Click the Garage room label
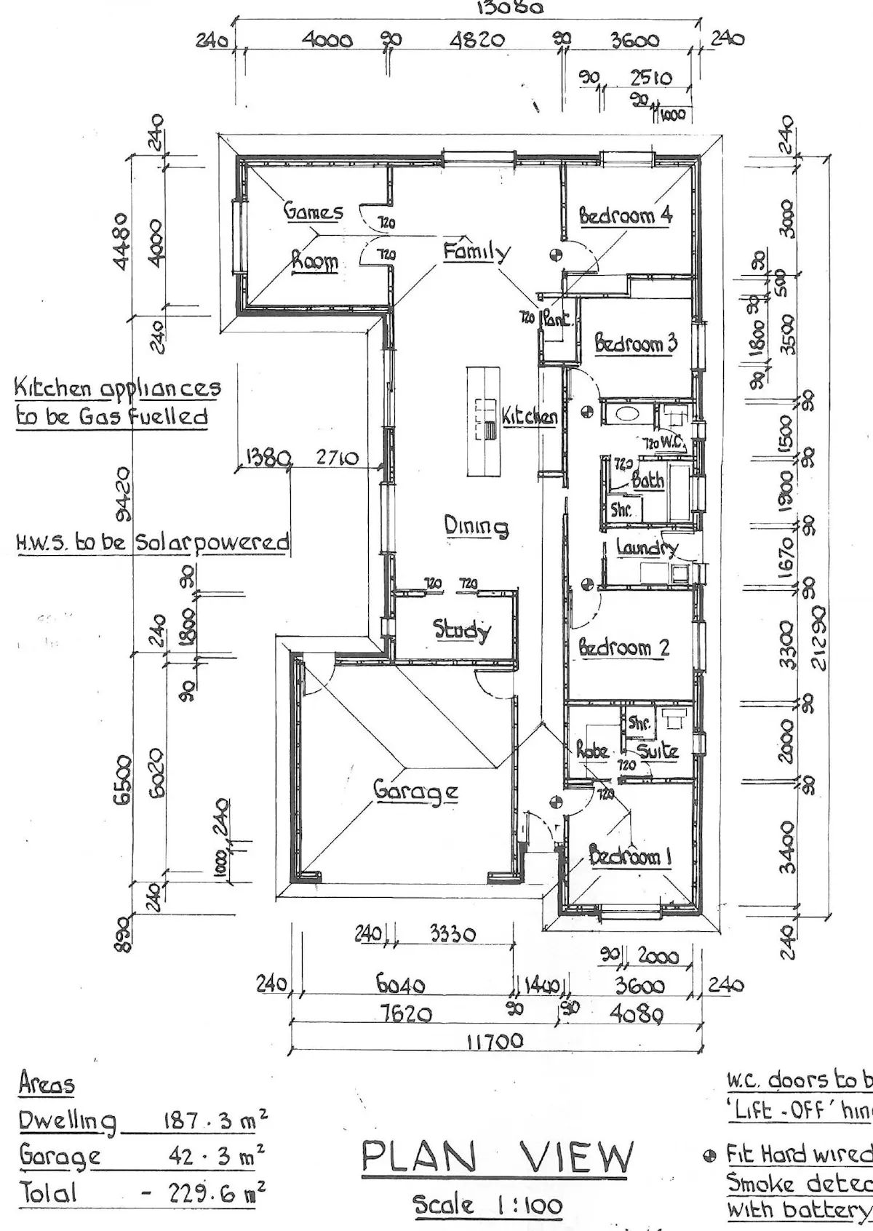click(415, 790)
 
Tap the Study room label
click(462, 629)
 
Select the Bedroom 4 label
click(626, 215)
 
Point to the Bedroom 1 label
click(630, 856)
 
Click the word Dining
click(477, 526)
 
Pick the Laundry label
click(647, 547)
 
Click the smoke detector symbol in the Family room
click(557, 254)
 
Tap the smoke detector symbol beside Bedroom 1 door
click(557, 802)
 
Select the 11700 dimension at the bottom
click(495, 1041)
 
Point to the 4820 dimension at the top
click(477, 40)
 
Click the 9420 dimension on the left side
click(124, 495)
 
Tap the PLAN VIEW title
click(498, 1158)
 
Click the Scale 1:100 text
click(488, 1206)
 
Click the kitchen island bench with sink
click(484, 422)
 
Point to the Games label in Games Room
click(314, 212)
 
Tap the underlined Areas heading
click(47, 1085)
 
